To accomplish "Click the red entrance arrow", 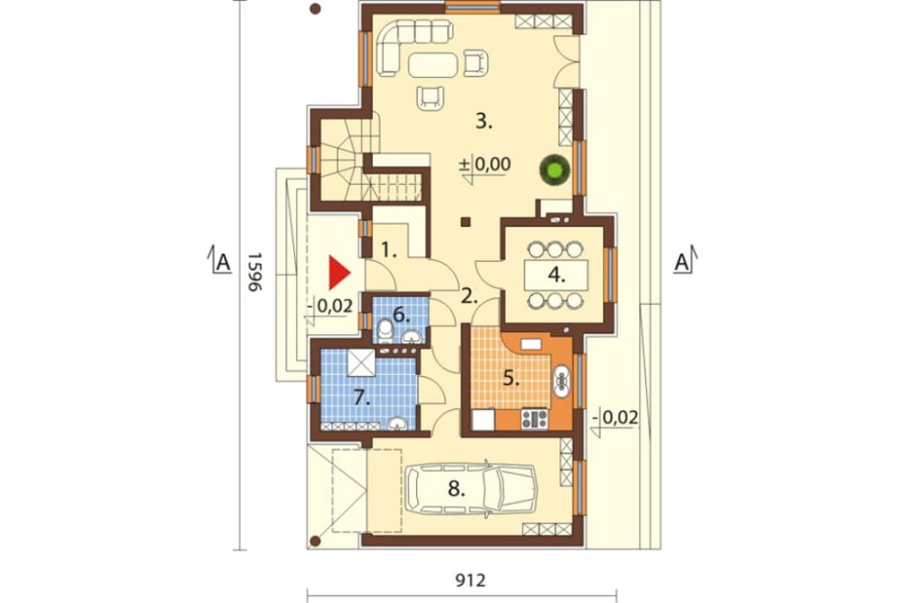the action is coord(338,273).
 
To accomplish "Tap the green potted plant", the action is coord(555,170).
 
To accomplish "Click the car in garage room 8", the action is coord(471,489).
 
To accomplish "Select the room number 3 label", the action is coord(483,121).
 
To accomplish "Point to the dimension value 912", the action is coord(470,579).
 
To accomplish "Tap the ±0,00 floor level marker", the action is coord(485,165).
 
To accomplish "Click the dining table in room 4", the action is coord(556,275).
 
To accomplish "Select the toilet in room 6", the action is coord(385,331).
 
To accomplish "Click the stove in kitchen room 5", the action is coord(535,418).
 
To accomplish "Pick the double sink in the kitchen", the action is coord(561,381).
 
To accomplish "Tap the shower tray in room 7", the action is coord(361,363).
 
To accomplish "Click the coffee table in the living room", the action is coord(433,64).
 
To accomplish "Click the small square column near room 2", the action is coord(466,222).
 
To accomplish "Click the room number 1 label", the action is coord(389,252).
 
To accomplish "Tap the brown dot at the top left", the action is coord(315,9).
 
